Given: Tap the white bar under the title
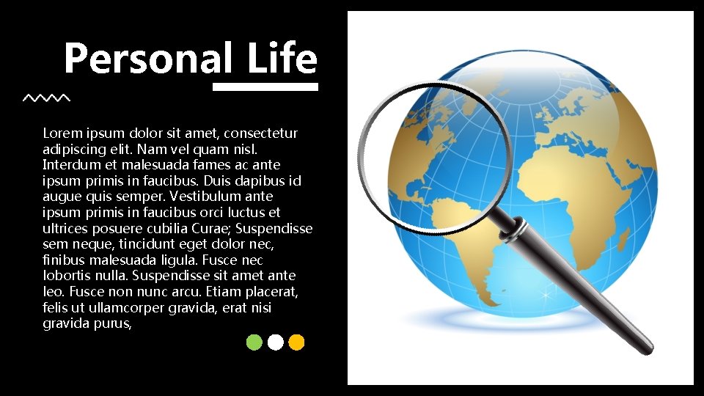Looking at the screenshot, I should click(265, 87).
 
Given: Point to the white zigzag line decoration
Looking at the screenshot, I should click(46, 98).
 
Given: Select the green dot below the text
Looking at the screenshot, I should click(254, 342).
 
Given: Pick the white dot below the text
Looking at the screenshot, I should click(276, 342).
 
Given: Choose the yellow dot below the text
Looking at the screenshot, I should click(296, 342).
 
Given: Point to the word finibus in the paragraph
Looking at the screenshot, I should click(64, 260).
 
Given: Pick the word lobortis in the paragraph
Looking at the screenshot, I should click(65, 276).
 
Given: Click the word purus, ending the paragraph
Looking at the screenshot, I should click(112, 323).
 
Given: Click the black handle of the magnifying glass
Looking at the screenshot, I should click(587, 293).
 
